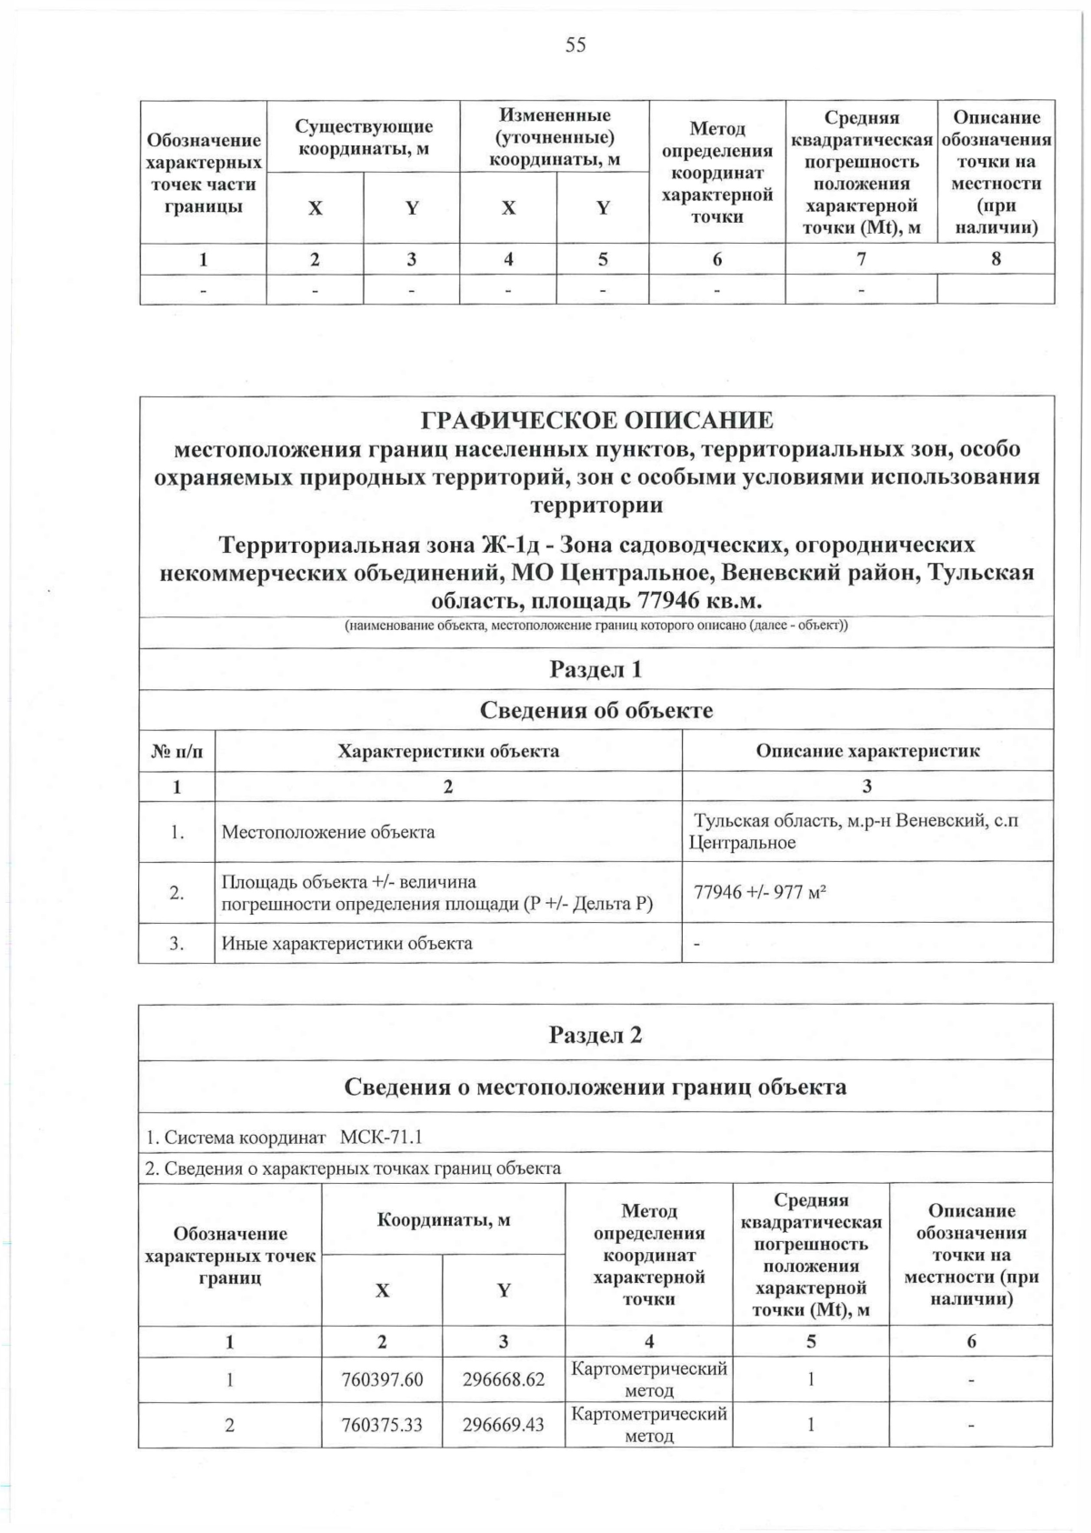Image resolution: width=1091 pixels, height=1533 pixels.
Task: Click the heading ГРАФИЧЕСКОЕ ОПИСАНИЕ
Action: (596, 421)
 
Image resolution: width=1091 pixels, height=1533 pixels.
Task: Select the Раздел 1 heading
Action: (596, 669)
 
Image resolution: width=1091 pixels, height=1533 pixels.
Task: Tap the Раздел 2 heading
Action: (596, 1035)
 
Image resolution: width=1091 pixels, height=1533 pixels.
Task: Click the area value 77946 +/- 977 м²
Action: (760, 892)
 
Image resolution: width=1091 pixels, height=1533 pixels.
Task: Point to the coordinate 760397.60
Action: (382, 1379)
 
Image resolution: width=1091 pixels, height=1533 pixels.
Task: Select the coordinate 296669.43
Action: (504, 1424)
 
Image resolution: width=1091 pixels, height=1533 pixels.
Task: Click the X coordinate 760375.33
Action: (382, 1424)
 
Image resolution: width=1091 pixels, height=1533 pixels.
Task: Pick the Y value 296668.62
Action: (504, 1379)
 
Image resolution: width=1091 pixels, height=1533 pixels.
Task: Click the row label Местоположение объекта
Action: (328, 832)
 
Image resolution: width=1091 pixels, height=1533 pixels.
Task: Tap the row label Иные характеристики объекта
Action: (347, 943)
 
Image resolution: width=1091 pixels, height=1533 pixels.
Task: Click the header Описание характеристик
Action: (867, 751)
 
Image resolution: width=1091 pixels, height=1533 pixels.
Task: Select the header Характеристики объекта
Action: (448, 751)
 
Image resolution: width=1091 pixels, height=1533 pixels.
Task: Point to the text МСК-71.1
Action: (381, 1137)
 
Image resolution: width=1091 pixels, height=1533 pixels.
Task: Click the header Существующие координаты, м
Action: (364, 137)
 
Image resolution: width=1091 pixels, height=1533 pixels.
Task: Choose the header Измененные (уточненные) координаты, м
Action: (555, 137)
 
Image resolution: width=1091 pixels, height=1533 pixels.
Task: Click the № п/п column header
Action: (176, 751)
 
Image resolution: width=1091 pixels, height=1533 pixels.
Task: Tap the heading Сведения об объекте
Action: (596, 710)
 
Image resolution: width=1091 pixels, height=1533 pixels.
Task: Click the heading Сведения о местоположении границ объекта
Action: (596, 1087)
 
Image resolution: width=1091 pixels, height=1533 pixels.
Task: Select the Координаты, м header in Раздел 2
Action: (444, 1219)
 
